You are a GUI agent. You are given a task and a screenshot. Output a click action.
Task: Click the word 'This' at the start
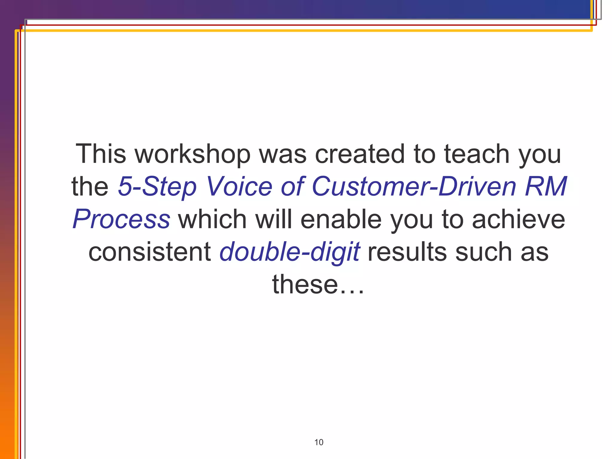click(x=101, y=154)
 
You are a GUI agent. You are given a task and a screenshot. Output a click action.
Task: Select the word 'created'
click(x=360, y=154)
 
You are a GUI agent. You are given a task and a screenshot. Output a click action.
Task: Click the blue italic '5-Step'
click(x=157, y=187)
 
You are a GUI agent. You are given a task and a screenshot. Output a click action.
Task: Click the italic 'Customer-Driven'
click(x=414, y=186)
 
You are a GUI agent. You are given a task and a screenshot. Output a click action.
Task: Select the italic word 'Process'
click(x=121, y=220)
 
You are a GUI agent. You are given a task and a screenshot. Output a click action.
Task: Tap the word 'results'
click(x=407, y=252)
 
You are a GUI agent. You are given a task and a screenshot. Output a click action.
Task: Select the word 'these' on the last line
click(x=305, y=284)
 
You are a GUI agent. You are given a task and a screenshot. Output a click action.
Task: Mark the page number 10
click(x=319, y=442)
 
